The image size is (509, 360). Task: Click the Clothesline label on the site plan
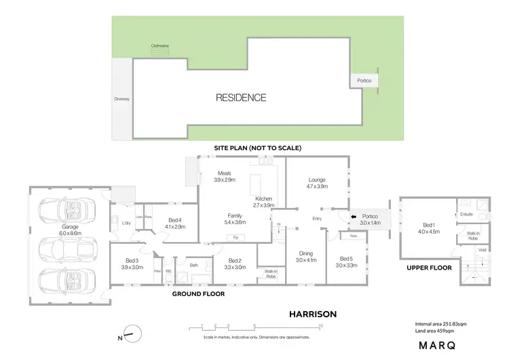click(x=159, y=47)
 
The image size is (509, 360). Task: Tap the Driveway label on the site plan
click(x=121, y=99)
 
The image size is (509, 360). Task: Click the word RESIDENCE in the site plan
click(x=241, y=98)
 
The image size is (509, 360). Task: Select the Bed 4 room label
click(x=175, y=223)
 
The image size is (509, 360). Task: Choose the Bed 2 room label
click(x=235, y=264)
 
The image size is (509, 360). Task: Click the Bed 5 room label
click(x=346, y=262)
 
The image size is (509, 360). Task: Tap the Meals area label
click(x=225, y=177)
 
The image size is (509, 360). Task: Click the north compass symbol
click(x=136, y=334)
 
